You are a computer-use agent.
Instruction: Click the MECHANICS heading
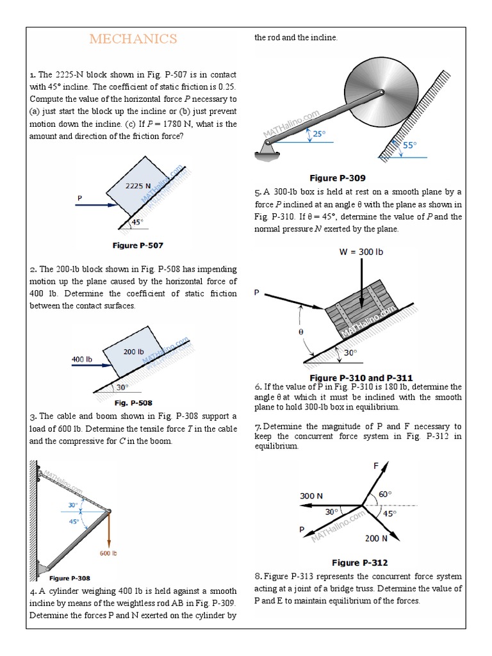tap(133, 40)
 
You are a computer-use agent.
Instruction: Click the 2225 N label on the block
tap(138, 186)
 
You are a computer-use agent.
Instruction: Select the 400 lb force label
tap(81, 359)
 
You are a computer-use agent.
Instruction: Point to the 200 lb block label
tap(133, 352)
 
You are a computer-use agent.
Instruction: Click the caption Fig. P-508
tap(133, 403)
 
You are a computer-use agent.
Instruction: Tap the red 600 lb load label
tap(108, 552)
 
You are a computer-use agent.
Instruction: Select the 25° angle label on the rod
tap(318, 134)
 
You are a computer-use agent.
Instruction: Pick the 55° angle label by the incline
tap(409, 145)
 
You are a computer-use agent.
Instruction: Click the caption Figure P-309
tap(338, 177)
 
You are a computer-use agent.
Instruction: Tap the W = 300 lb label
tap(361, 252)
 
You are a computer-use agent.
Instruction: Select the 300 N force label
tap(312, 495)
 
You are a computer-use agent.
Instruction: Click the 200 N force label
tap(376, 538)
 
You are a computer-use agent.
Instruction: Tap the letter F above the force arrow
tap(376, 466)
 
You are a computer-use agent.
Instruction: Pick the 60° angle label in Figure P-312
tap(384, 494)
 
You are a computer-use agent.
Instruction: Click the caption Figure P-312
tap(359, 562)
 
